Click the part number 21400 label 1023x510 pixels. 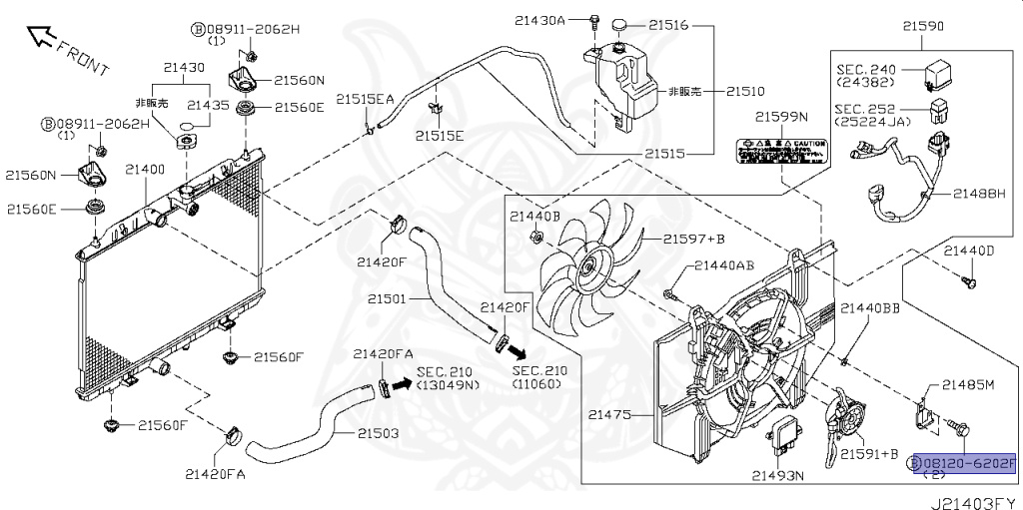(145, 171)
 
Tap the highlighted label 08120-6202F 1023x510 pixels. (963, 463)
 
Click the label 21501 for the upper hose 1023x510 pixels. (387, 298)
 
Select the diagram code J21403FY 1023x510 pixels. (974, 502)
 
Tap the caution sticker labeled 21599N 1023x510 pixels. (782, 150)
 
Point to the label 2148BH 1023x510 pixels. (978, 193)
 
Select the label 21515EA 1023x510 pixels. (365, 99)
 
